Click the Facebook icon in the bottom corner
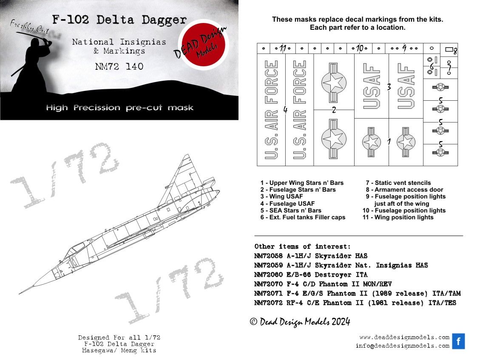458,341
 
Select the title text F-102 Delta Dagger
119,20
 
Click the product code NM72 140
119,66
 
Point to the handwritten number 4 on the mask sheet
285,111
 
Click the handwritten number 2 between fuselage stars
334,110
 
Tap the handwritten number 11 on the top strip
283,48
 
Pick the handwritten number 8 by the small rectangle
454,52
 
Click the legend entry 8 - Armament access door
404,190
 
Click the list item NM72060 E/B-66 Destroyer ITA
311,275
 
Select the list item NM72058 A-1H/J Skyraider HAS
311,256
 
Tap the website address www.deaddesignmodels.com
404,337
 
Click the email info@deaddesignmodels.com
402,346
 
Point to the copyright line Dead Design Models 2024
300,322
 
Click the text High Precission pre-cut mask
119,108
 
